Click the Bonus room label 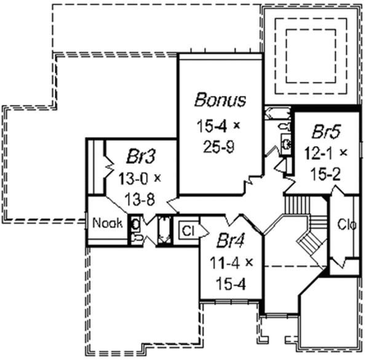pos(220,100)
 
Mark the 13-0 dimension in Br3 pos(134,178)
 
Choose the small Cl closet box pos(188,230)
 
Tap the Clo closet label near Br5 pos(347,224)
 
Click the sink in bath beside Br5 pos(286,144)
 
